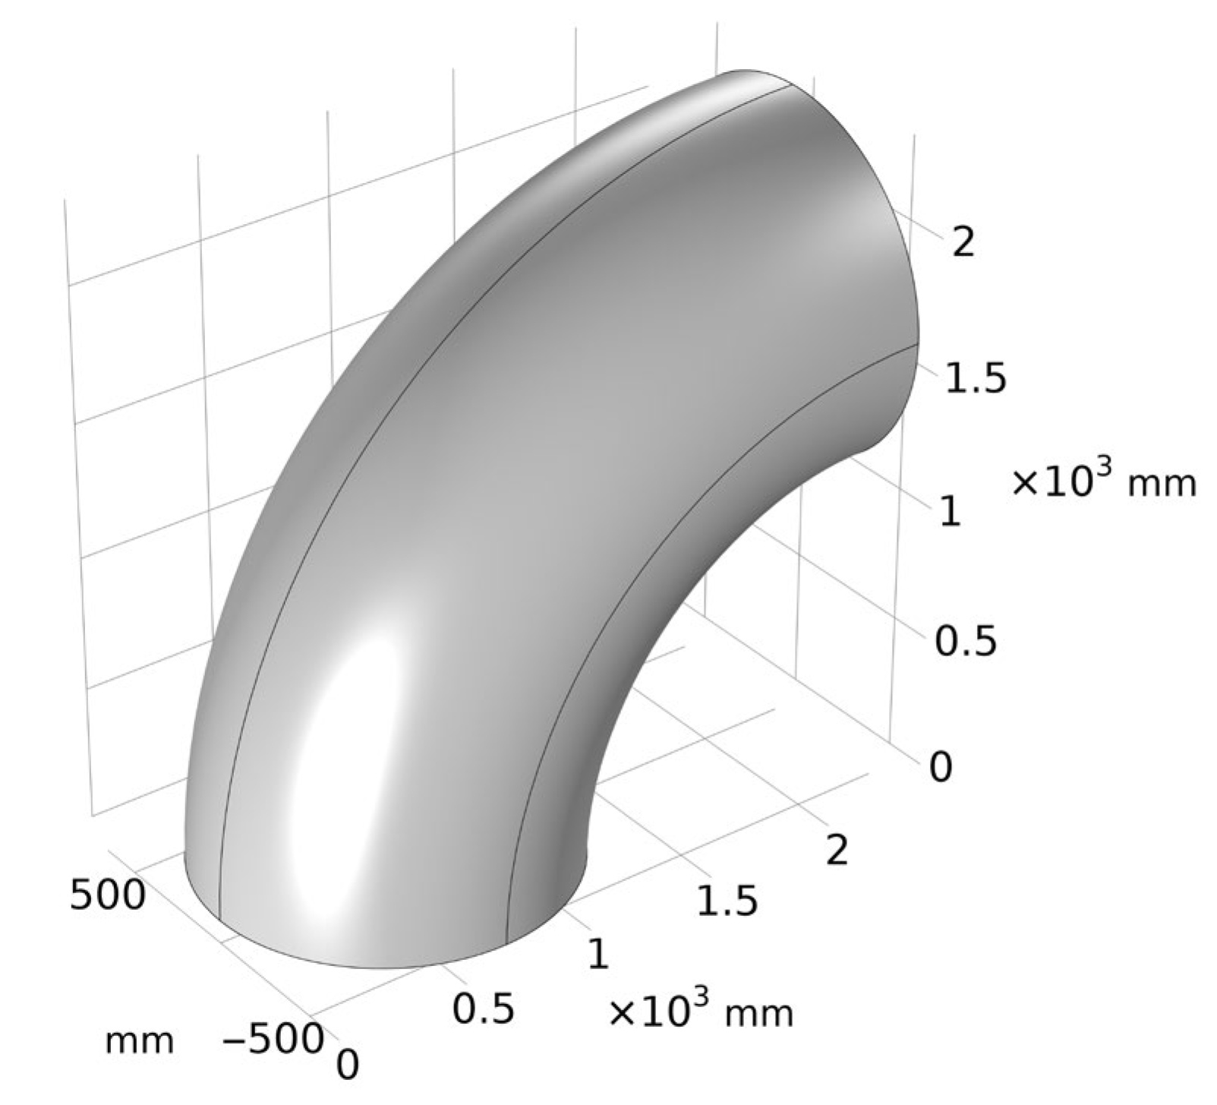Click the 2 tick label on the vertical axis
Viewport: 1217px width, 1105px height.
click(963, 243)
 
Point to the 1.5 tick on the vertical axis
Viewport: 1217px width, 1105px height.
click(975, 377)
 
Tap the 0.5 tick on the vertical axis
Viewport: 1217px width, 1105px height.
click(964, 642)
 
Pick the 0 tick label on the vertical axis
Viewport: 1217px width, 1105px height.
click(940, 768)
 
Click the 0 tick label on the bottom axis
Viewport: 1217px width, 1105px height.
click(347, 1064)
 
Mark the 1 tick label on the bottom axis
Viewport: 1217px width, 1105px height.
click(597, 954)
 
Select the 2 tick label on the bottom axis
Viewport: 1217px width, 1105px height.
click(836, 850)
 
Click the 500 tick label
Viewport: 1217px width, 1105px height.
click(107, 894)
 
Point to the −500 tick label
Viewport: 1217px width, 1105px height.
click(273, 1038)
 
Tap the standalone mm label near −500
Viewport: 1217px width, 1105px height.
click(140, 1040)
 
